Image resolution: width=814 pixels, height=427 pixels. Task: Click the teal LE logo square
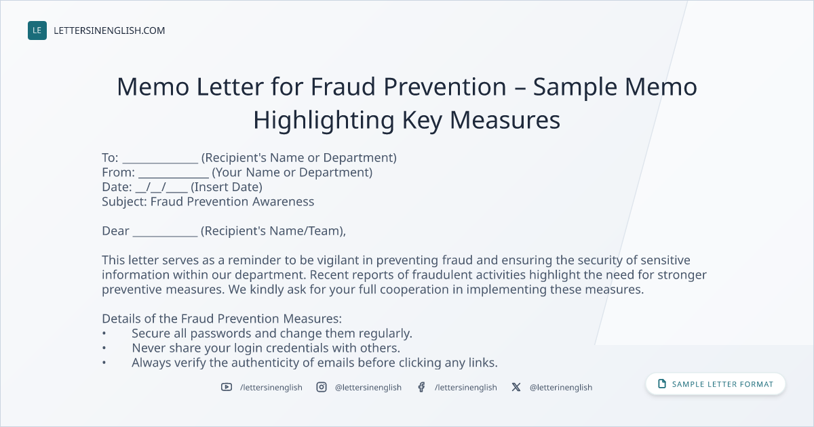(x=37, y=30)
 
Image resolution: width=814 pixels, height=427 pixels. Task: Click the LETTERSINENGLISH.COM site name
(x=109, y=30)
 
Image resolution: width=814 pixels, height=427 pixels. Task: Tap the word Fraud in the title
(x=343, y=87)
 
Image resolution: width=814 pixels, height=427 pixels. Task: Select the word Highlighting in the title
(x=324, y=121)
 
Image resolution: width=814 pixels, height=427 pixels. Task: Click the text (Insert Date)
(x=227, y=187)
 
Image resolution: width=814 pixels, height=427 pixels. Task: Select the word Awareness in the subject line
(x=283, y=201)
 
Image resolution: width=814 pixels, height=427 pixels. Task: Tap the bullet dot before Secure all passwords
(x=104, y=333)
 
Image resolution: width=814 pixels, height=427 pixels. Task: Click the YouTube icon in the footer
(x=227, y=387)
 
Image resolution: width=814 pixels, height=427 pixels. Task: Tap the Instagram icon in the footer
(x=322, y=387)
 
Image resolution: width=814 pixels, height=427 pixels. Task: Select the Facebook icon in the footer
(x=421, y=387)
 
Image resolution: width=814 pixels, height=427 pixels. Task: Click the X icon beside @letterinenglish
(x=516, y=387)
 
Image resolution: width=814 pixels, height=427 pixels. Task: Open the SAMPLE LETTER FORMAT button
(x=716, y=384)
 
